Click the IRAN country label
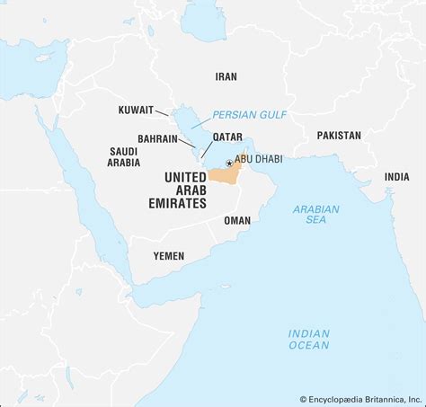226,77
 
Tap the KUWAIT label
135,111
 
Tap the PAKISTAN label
338,135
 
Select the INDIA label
396,177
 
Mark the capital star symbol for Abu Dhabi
229,163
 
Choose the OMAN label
237,220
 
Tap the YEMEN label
168,256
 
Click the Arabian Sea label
315,215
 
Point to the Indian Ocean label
308,339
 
